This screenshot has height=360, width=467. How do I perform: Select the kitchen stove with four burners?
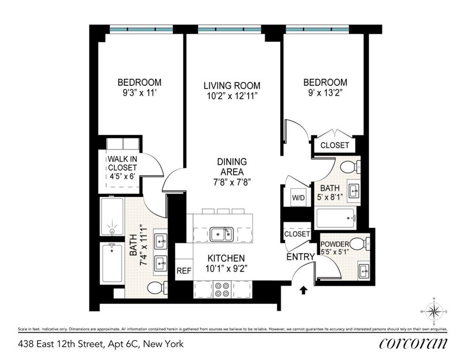(x=223, y=289)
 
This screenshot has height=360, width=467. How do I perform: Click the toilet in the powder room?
(x=358, y=245)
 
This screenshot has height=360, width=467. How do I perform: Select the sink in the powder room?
(x=364, y=269)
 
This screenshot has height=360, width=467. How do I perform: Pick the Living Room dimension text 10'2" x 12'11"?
(x=232, y=96)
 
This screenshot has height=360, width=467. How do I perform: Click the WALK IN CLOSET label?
(x=123, y=163)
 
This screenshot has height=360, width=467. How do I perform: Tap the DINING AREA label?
(x=232, y=166)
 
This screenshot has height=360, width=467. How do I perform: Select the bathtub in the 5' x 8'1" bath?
(x=336, y=218)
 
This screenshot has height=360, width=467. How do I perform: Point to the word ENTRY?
(x=300, y=257)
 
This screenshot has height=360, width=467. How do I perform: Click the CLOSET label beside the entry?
(x=297, y=234)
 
